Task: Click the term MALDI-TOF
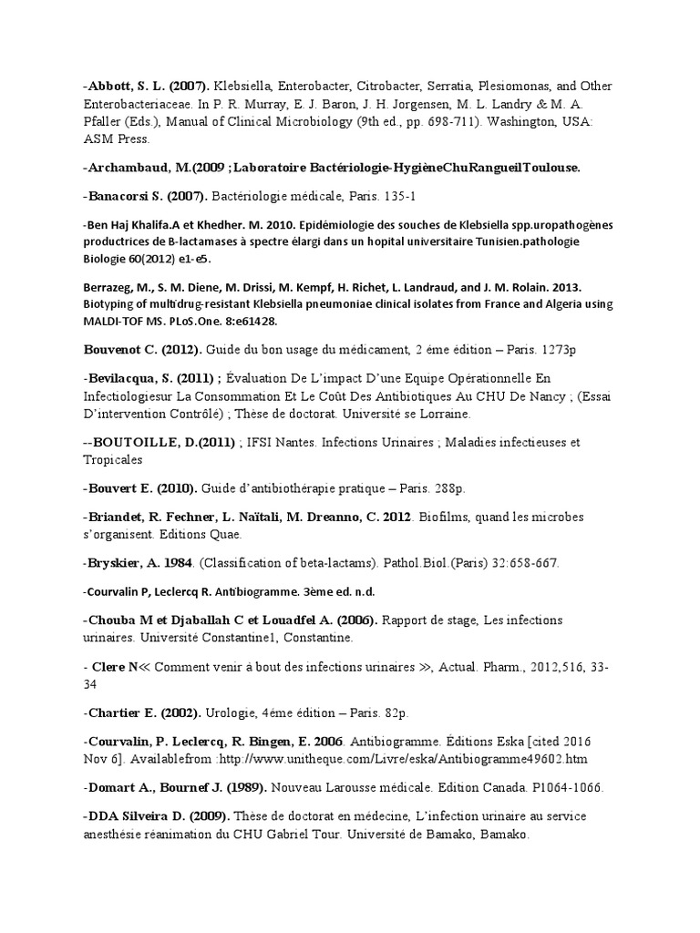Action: tap(113, 321)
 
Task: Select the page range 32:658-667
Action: tap(519, 562)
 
